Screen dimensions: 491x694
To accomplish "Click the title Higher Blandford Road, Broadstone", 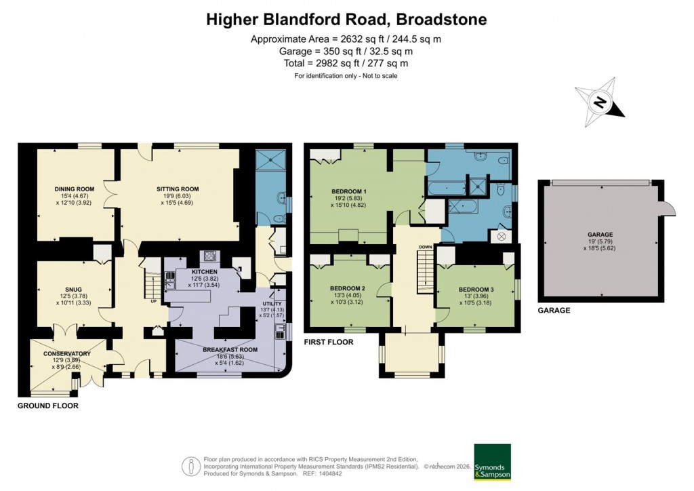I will [x=346, y=20].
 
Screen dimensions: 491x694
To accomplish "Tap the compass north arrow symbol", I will [x=599, y=103].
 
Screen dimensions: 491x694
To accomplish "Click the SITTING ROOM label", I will [x=178, y=189].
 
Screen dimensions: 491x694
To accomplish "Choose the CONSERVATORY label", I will [x=67, y=353].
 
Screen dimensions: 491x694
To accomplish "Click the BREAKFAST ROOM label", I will [x=230, y=349].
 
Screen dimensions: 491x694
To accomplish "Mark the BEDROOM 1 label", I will [x=349, y=191].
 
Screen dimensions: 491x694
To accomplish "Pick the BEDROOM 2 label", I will [x=348, y=288].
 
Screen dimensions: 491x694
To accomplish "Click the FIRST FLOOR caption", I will [x=329, y=342].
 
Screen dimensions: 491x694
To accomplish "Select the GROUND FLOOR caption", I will [x=48, y=406].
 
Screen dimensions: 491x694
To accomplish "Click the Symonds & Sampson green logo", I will [x=492, y=462].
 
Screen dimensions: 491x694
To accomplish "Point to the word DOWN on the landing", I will [x=426, y=247].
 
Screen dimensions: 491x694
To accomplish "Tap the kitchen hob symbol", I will [x=209, y=256].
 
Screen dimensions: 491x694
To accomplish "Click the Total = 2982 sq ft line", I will [x=346, y=63].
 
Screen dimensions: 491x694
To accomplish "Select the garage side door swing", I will [x=668, y=207].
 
